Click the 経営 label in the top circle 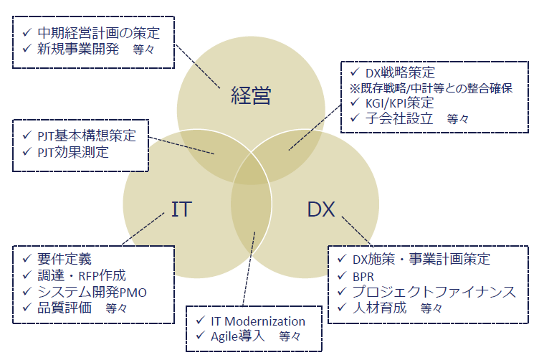click(251, 95)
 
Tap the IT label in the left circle click(181, 209)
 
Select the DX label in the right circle click(321, 209)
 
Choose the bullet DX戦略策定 click(400, 73)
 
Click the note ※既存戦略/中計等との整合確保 click(431, 88)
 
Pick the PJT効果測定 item click(74, 151)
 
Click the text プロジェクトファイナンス click(433, 292)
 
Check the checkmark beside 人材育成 click(340, 308)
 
